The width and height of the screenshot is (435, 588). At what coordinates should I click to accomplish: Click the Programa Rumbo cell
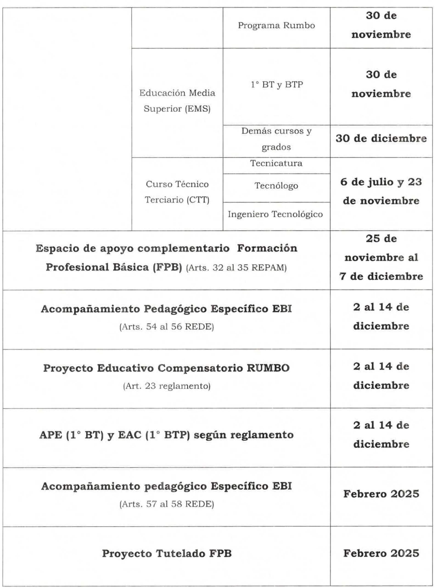276,25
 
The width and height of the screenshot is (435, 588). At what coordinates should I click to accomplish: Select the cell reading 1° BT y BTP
276,85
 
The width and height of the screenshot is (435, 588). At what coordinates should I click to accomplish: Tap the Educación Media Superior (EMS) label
177,101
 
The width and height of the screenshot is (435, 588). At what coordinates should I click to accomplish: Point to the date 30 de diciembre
381,139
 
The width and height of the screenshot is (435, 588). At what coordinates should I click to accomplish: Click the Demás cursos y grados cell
276,139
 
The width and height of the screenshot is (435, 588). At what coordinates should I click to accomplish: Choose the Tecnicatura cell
276,163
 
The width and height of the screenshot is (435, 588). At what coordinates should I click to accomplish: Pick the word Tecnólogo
276,186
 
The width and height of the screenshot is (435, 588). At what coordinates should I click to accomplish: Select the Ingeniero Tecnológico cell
275,214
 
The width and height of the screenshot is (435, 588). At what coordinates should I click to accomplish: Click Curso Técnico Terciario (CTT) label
177,192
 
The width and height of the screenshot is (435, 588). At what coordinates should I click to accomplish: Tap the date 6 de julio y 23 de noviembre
381,192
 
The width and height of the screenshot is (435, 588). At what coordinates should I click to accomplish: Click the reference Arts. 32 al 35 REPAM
236,268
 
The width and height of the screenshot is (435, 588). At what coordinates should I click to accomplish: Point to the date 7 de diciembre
381,276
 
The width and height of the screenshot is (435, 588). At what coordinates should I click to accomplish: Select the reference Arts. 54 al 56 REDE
166,327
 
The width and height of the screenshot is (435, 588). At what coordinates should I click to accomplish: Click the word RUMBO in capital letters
268,368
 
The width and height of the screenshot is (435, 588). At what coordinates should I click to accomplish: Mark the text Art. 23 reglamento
166,386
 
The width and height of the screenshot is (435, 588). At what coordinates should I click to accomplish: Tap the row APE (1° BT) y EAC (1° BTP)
166,435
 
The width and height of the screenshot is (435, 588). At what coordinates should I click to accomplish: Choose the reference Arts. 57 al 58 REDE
166,504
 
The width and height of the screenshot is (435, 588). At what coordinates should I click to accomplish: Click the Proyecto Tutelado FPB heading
167,554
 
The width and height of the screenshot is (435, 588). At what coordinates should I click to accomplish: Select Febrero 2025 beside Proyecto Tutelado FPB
381,553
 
